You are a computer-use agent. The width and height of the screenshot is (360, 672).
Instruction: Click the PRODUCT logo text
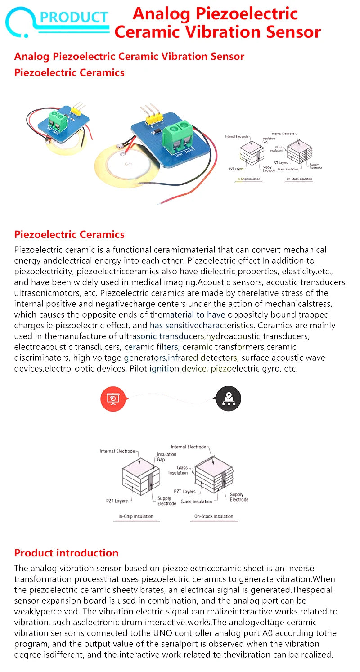pos(74,17)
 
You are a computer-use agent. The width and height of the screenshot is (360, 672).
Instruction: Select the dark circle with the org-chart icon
pos(229,399)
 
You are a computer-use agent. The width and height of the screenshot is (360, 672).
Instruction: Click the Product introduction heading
pos(66,553)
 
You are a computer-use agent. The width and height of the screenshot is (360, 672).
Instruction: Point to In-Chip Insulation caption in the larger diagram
pos(135,516)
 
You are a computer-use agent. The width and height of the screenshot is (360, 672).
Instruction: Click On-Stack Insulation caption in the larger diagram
pos(214,516)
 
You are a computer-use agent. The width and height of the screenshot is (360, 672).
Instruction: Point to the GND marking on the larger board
pos(179,154)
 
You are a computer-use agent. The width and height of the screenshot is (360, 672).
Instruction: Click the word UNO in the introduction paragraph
pos(148,633)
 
